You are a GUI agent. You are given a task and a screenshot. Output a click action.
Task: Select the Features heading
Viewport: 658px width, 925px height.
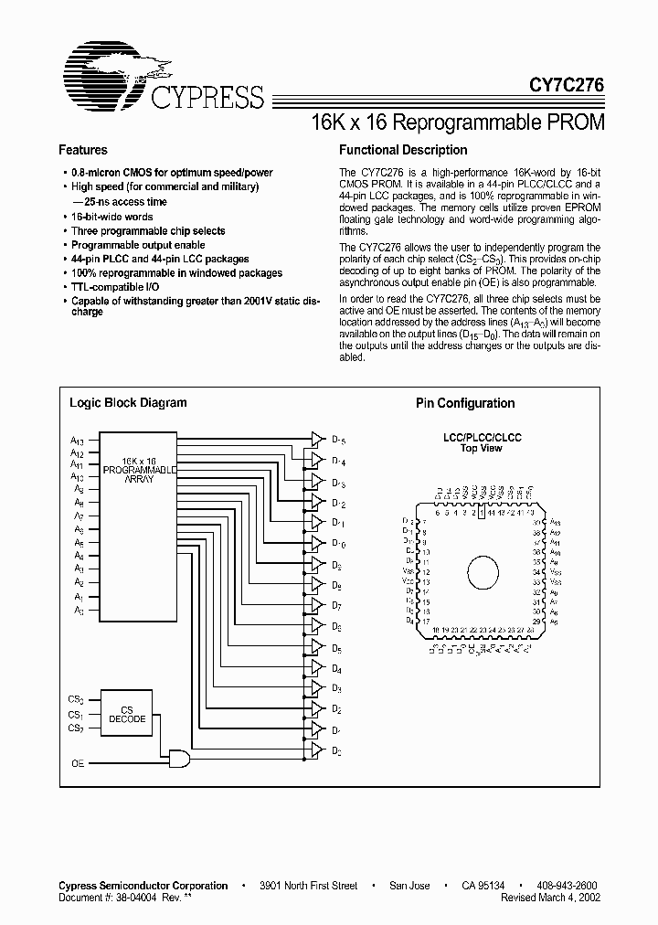82,150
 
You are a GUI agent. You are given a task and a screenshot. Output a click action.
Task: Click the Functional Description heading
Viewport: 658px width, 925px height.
403,150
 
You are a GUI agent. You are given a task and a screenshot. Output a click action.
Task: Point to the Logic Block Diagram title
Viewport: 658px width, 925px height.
128,402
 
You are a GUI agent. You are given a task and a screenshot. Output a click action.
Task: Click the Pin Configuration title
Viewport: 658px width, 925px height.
465,403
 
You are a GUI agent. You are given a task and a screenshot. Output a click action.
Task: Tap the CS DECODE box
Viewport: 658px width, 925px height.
127,714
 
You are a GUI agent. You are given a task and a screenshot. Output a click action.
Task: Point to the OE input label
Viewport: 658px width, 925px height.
78,761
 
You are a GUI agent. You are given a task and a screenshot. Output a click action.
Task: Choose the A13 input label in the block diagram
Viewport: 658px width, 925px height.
78,441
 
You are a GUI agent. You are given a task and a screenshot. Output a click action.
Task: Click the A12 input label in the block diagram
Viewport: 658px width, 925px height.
78,453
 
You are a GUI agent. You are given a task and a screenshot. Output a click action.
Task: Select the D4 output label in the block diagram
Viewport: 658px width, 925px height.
337,669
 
